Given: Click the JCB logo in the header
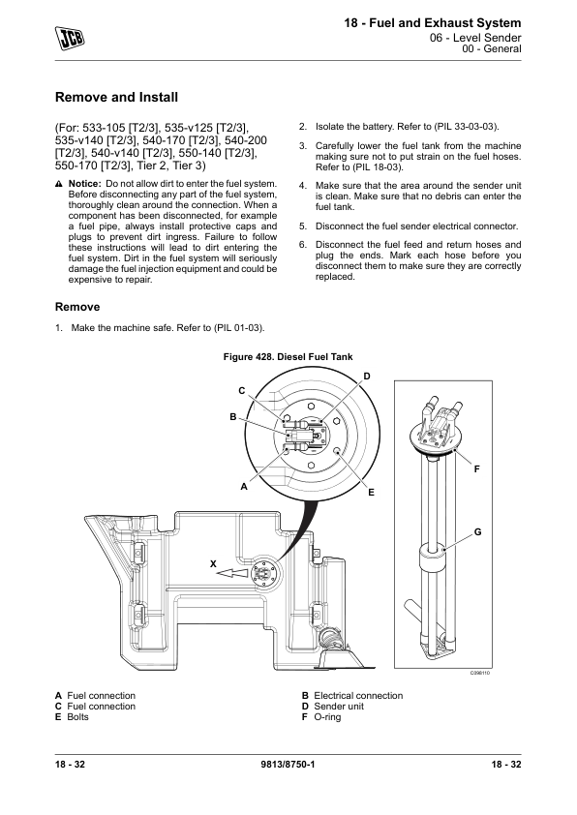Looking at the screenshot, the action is tap(70, 39).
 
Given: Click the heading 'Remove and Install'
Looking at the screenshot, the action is tap(116, 97).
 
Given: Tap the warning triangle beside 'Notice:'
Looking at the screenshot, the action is tap(59, 184).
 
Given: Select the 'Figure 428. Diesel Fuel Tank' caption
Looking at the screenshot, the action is tap(288, 357).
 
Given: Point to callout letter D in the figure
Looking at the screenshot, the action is tap(367, 377).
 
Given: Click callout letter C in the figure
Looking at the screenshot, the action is tap(242, 391).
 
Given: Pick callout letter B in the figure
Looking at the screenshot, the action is tap(233, 417).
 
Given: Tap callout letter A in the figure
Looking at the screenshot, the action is tap(243, 487).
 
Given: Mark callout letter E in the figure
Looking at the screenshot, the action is tap(371, 493).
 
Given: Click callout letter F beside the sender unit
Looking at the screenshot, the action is tap(476, 469).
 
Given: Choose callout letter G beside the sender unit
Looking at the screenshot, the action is tap(477, 532).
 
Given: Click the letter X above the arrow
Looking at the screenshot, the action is tap(213, 564).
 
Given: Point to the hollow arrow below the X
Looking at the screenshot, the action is tap(231, 574).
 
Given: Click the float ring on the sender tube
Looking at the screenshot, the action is tap(433, 558).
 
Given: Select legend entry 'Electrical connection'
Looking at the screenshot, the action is tap(358, 696).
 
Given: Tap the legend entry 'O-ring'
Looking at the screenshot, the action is tap(327, 717).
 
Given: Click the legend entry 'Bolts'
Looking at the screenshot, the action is tap(78, 717).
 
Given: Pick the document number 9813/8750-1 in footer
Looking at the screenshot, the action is tap(288, 764).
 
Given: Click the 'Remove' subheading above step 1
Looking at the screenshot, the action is tap(77, 307).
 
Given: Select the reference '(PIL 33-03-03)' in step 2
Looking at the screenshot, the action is tap(467, 127).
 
